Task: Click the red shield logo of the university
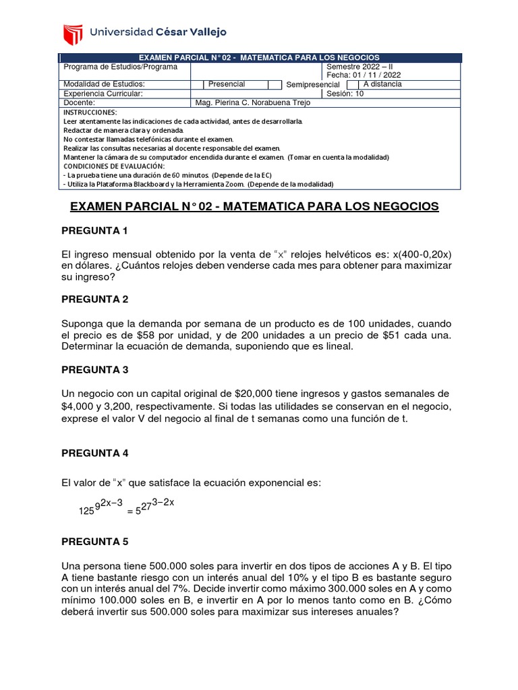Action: coord(72,32)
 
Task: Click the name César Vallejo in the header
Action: coord(191,32)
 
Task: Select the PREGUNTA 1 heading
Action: coord(94,231)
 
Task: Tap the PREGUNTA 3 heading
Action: coord(94,370)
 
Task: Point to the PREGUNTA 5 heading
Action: coord(94,541)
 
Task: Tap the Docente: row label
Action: coord(79,102)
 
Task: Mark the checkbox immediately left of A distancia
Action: coord(352,85)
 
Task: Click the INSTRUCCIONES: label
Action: coord(90,112)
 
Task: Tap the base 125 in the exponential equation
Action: coord(88,511)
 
